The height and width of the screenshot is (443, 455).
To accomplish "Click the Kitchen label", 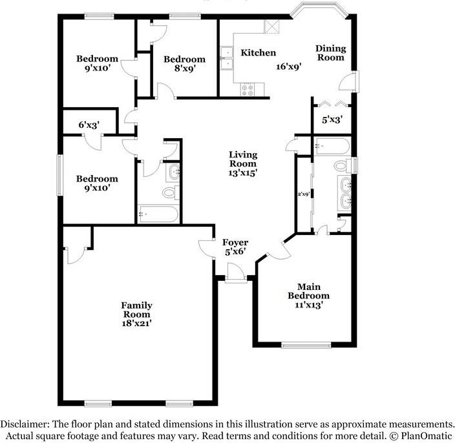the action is [259, 53].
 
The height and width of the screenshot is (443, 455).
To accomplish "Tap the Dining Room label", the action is [331, 53].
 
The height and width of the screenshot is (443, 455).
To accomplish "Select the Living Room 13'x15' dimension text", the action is [243, 173].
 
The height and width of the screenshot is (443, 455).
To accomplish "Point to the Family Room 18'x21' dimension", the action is [136, 324].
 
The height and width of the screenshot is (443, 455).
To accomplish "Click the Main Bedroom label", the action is [309, 291].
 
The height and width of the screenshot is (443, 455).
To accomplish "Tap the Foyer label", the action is [235, 242].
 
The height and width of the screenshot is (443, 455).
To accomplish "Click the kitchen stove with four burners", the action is [248, 89].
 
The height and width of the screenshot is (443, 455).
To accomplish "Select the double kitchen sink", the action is [227, 58].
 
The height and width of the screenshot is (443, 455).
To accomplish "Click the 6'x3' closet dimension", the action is [89, 125].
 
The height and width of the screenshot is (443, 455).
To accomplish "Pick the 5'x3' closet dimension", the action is [332, 119].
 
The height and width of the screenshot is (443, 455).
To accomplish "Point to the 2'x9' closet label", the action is [304, 194].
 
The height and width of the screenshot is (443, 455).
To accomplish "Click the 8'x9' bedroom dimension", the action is [185, 68].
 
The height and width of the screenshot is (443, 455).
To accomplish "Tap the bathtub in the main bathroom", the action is [332, 146].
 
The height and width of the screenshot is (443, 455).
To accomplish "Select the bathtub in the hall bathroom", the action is [158, 214].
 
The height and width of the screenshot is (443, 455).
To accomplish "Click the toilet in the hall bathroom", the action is [171, 192].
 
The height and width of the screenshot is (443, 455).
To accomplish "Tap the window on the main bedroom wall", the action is [306, 345].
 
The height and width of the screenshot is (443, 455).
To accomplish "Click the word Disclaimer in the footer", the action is [25, 424].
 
